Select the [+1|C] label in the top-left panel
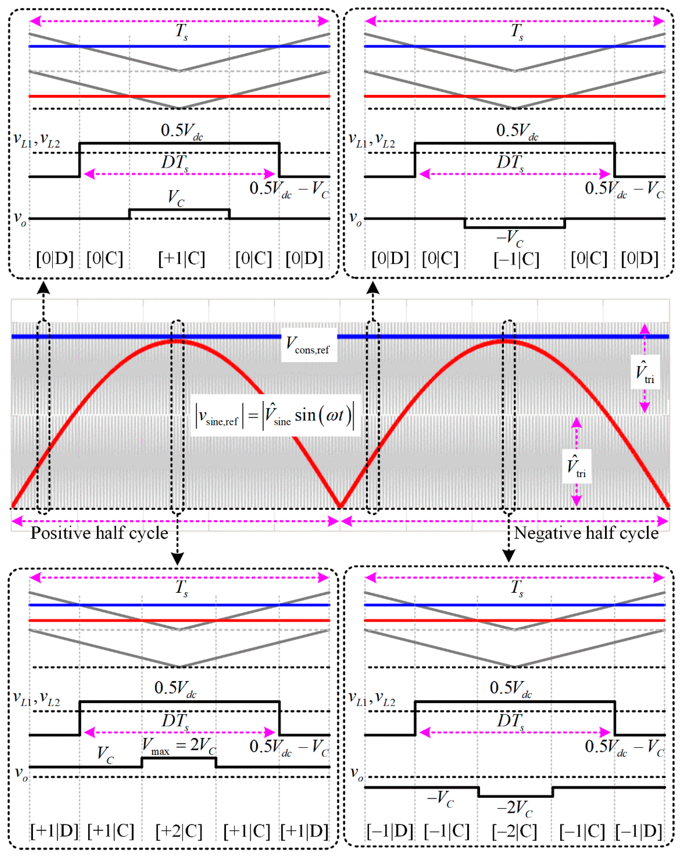182,259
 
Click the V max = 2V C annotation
179,746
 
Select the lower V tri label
576,466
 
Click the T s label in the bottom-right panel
517,588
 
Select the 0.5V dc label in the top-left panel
182,131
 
